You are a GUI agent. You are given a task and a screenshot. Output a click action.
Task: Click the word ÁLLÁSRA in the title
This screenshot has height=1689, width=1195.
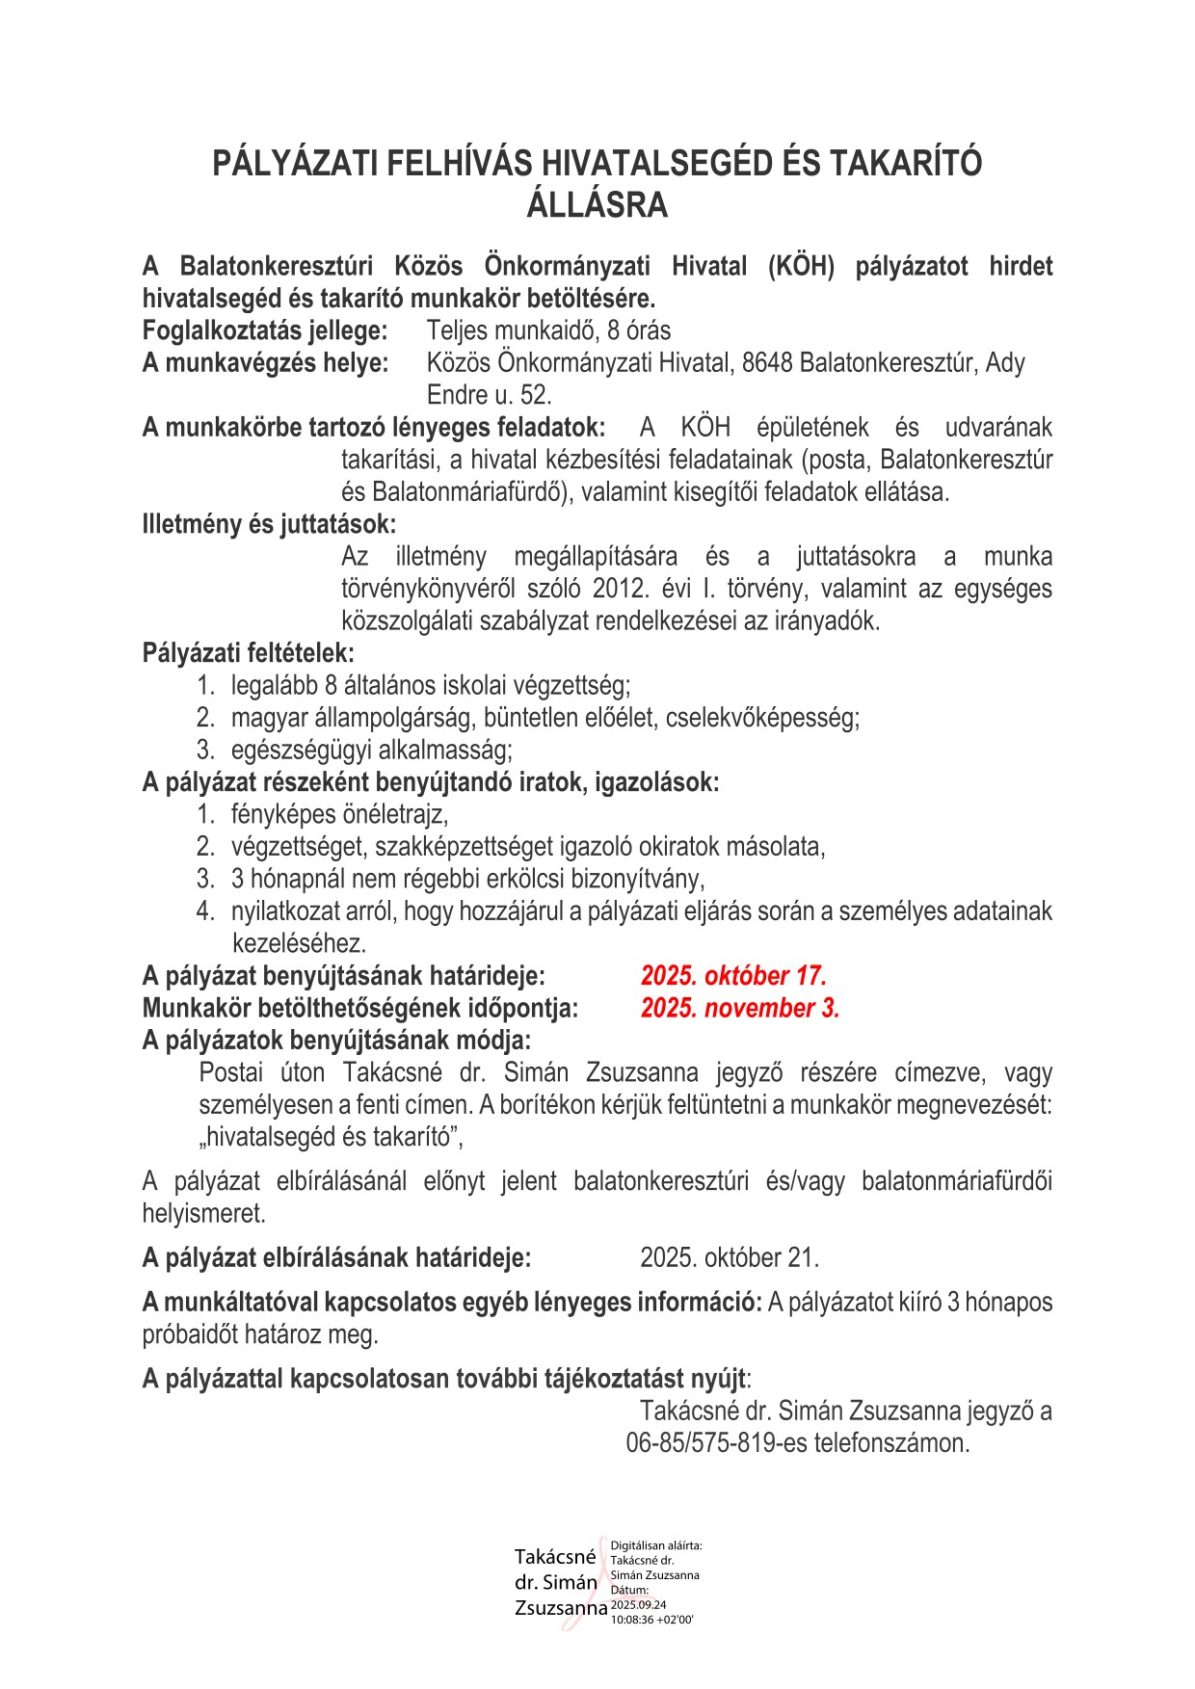click(597, 205)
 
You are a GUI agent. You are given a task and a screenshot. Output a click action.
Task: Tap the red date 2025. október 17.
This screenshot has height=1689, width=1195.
click(733, 976)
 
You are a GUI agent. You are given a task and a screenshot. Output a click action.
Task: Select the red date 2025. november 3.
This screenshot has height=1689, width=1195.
click(740, 1009)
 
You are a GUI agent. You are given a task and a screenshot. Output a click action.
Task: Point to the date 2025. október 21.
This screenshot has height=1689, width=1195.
click(730, 1258)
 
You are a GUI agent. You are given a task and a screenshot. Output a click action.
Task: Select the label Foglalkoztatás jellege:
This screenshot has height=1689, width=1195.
click(265, 331)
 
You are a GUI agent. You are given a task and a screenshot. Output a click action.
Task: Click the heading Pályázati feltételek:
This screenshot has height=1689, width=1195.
click(249, 654)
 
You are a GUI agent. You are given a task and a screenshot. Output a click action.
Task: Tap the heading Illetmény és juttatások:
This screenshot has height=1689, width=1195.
click(269, 525)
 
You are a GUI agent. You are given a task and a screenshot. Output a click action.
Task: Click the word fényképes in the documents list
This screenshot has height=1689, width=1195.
click(276, 815)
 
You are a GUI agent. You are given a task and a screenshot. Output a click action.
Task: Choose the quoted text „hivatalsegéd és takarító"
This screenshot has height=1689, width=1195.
click(331, 1137)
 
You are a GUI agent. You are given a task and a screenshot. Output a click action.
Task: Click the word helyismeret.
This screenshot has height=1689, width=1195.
click(203, 1214)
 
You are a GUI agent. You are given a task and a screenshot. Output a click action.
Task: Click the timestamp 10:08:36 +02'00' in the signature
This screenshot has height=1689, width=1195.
click(652, 1620)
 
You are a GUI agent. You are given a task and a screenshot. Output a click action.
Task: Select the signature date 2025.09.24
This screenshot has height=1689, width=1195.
click(639, 1605)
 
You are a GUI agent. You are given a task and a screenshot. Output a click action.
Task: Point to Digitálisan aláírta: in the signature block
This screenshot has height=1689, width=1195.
click(656, 1545)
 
